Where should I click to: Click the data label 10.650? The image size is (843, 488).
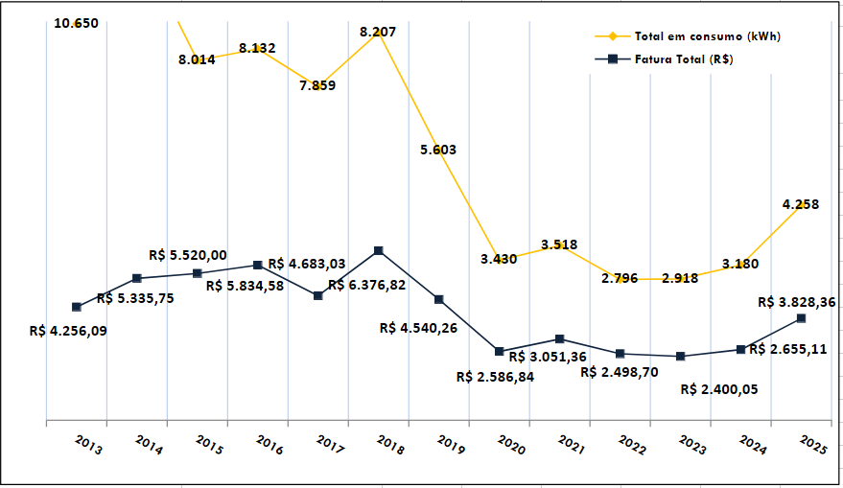76,23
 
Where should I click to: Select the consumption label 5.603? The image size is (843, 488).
438,150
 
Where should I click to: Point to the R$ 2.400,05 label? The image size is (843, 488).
718,389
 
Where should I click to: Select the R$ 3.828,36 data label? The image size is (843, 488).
796,301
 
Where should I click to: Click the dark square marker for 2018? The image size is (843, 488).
379,251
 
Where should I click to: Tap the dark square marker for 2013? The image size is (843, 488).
77,307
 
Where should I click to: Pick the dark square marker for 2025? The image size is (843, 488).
802,317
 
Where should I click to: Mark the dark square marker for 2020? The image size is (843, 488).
500,352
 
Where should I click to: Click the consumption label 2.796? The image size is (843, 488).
620,278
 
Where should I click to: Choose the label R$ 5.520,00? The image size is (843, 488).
188,255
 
